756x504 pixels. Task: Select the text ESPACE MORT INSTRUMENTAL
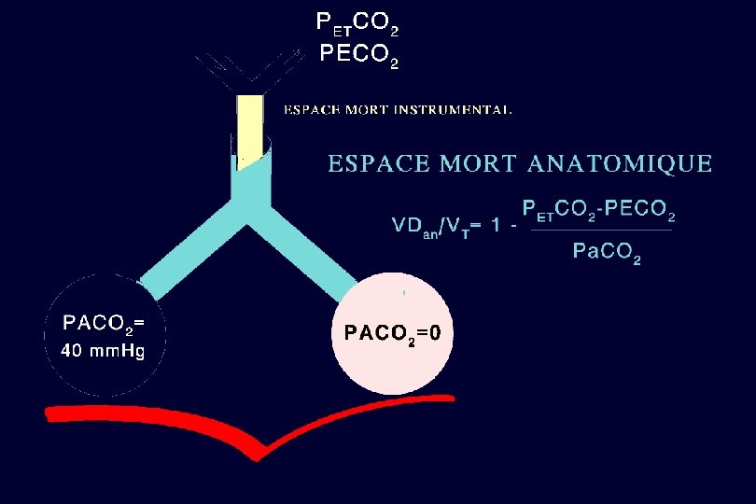398,110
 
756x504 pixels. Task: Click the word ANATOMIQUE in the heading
620,165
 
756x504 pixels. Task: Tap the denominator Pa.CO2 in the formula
607,252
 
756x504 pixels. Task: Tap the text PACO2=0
392,334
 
